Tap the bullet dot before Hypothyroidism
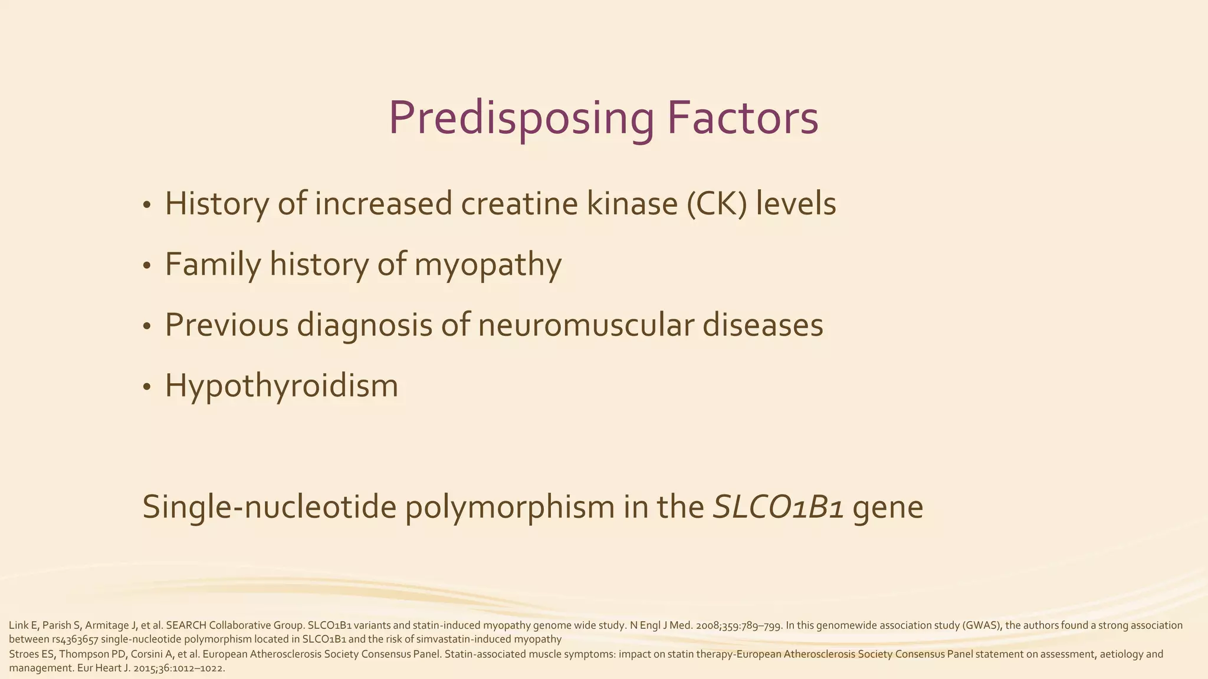[x=147, y=387]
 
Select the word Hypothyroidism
[x=281, y=386]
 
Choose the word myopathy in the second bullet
[x=488, y=265]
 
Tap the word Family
[x=212, y=265]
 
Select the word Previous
[x=226, y=325]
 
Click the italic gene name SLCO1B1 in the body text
[x=778, y=507]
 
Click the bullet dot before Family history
[x=147, y=266]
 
